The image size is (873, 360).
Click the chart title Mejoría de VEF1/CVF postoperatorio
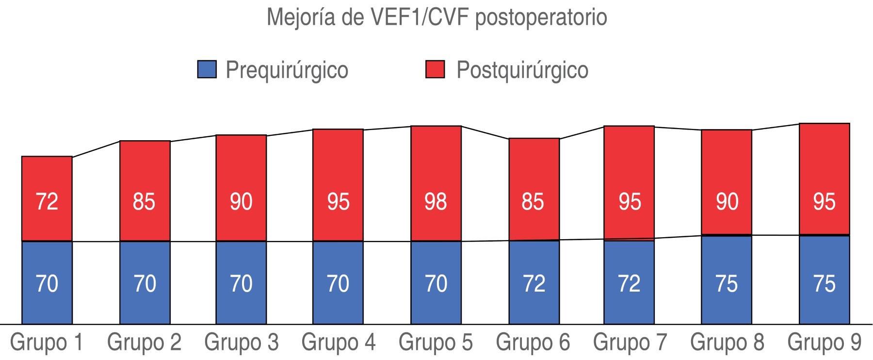click(x=436, y=17)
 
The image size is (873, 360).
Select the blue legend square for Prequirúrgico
click(x=207, y=69)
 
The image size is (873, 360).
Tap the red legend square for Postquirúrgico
click(x=435, y=69)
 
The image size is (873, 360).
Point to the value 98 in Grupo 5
click(x=436, y=201)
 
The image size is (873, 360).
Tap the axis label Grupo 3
click(x=242, y=342)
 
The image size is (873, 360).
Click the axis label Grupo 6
click(x=533, y=342)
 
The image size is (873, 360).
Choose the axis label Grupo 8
click(x=727, y=342)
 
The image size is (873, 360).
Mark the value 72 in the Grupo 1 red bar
click(x=47, y=201)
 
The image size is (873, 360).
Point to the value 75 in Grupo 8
click(x=727, y=284)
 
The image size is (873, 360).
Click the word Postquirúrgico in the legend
click(x=522, y=70)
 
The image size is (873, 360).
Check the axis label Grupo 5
click(x=436, y=342)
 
